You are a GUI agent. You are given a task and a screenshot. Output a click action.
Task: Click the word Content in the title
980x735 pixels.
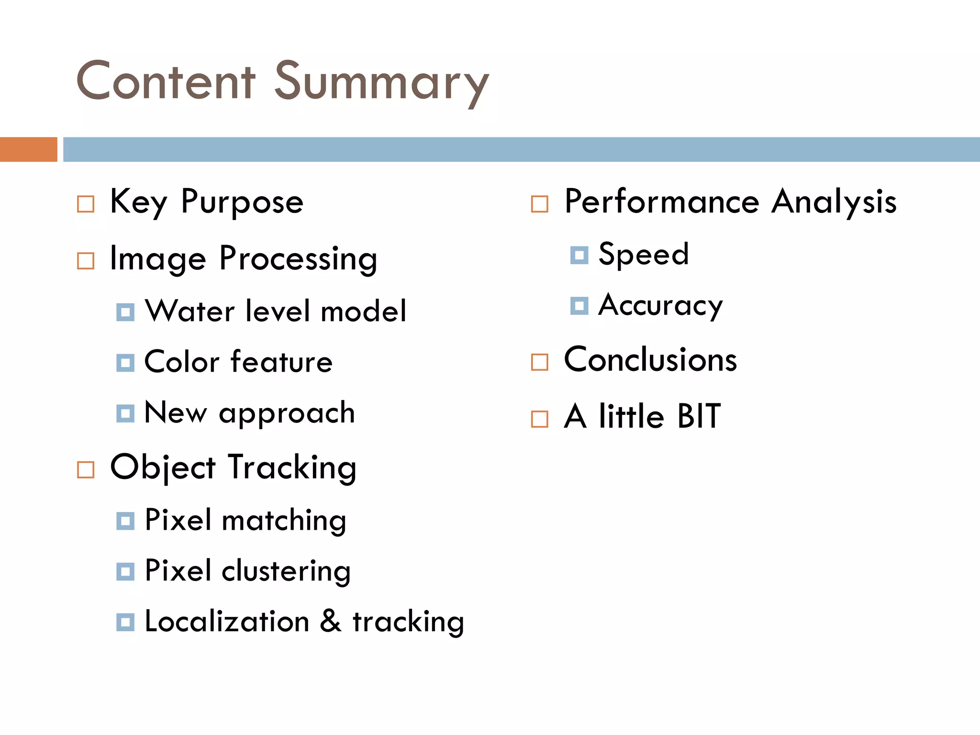pos(166,81)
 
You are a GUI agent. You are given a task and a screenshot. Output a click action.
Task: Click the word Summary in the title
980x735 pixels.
pos(381,82)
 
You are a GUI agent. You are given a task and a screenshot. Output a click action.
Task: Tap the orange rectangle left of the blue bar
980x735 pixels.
pos(28,149)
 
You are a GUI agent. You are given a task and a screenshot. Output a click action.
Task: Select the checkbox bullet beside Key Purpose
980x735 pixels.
pos(86,204)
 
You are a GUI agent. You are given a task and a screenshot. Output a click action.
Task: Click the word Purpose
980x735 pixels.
pos(242,202)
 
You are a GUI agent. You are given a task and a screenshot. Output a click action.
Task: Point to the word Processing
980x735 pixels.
pos(298,259)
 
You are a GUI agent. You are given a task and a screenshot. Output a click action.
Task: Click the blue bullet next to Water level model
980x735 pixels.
pos(125,312)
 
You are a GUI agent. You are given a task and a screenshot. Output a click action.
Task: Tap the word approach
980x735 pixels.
pos(287,413)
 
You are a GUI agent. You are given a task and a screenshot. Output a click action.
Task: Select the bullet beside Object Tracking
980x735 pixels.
pos(86,470)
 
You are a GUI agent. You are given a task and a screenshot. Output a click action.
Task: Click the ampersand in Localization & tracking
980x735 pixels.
pos(331,621)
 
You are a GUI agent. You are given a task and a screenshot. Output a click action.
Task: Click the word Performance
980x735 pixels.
pos(662,201)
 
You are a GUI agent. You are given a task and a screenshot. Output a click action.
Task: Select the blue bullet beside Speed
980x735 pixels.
pos(579,255)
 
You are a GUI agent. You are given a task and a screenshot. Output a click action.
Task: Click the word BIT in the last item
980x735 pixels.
pos(699,416)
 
